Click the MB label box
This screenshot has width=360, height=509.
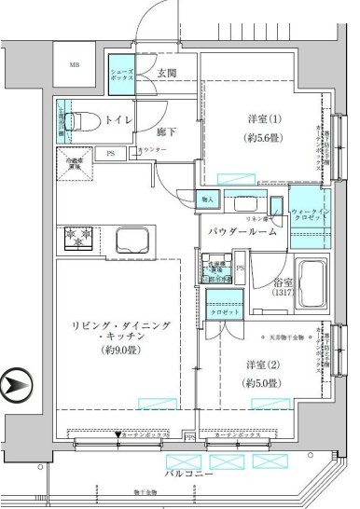point(75,64)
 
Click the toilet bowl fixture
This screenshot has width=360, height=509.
point(84,120)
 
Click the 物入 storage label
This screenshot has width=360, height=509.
point(208,199)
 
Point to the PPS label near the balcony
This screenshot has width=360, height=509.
point(190,435)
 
